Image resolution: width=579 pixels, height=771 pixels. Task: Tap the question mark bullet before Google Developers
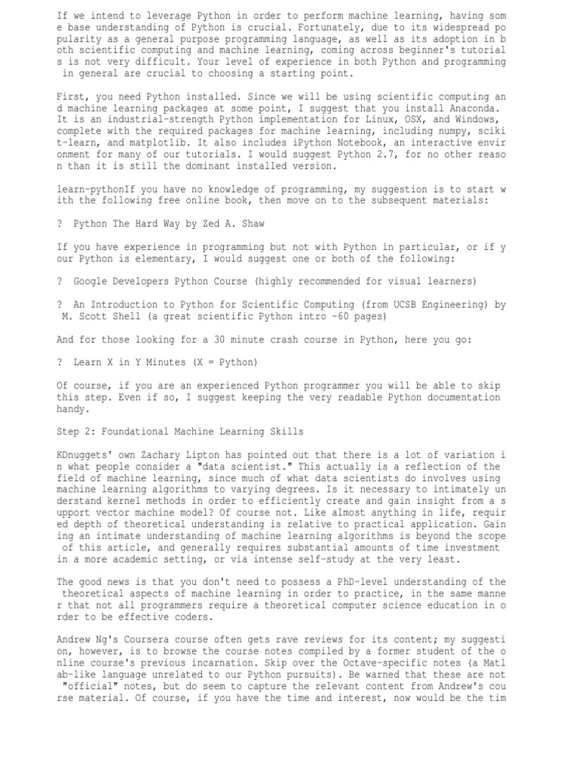click(60, 281)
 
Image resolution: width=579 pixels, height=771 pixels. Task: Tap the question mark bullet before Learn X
click(60, 362)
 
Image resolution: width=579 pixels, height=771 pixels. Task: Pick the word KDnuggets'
click(87, 455)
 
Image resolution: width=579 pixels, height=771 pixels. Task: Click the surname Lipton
click(212, 455)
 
